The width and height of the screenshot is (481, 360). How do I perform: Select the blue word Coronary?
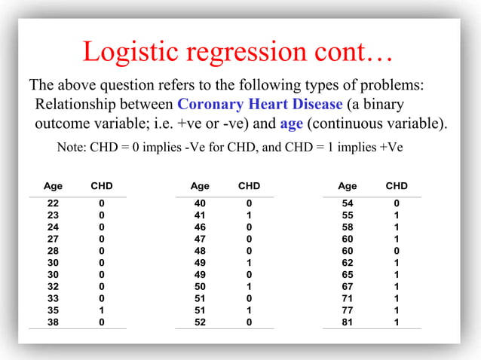tap(211, 104)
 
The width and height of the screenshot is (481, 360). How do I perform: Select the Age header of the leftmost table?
tap(53, 186)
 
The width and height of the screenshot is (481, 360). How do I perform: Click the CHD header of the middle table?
tap(249, 186)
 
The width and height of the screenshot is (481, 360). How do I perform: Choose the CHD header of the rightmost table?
tap(397, 186)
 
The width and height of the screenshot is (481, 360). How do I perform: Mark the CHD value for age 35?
tap(102, 310)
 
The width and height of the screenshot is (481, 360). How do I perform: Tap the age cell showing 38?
tap(53, 322)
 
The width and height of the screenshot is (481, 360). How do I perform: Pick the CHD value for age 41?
tap(249, 215)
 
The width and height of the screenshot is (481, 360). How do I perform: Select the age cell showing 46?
tap(200, 227)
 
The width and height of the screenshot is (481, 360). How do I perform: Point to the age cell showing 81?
tap(348, 322)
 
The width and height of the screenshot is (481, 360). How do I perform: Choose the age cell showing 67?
tap(348, 286)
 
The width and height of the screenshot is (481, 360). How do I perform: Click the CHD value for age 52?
tap(249, 322)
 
